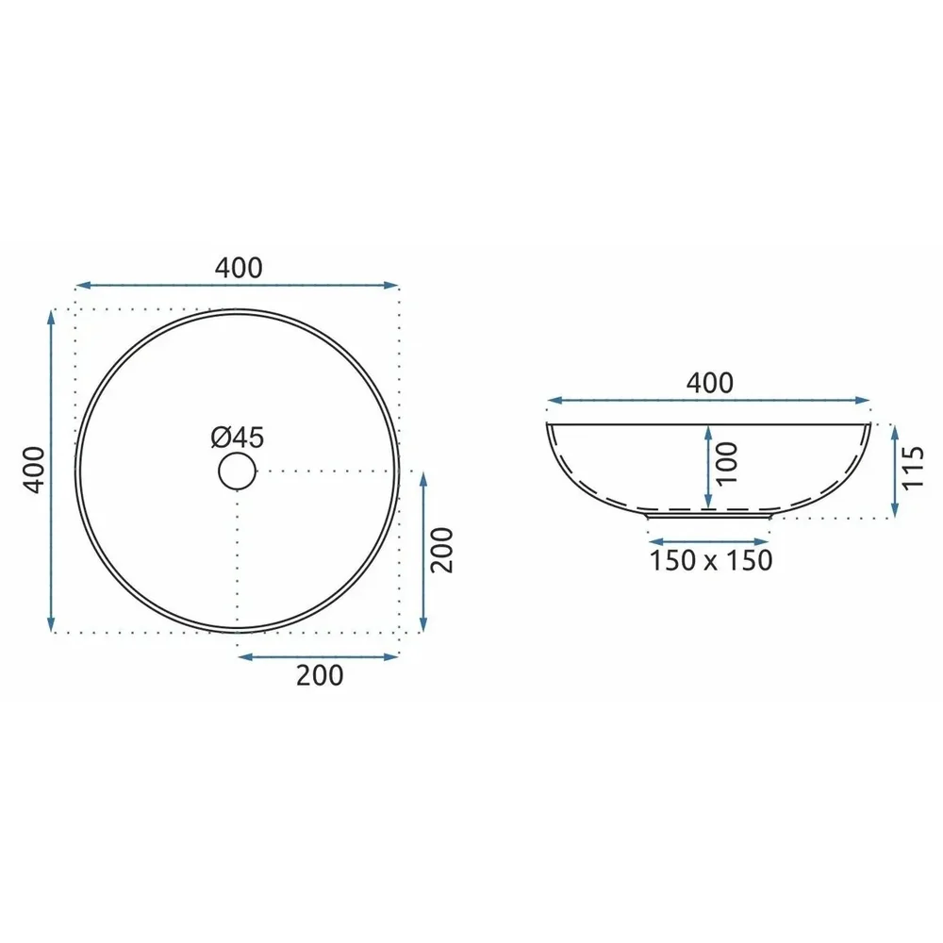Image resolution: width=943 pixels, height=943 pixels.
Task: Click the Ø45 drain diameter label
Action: pyautogui.click(x=237, y=438)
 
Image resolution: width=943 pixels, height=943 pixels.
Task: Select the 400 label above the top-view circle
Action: pyautogui.click(x=239, y=268)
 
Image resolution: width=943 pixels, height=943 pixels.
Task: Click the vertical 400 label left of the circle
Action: pyautogui.click(x=34, y=470)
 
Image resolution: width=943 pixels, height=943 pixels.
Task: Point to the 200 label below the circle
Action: pyautogui.click(x=320, y=675)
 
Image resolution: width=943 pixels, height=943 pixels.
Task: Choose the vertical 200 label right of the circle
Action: pyautogui.click(x=442, y=550)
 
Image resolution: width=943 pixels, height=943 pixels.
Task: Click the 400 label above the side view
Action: pyautogui.click(x=710, y=383)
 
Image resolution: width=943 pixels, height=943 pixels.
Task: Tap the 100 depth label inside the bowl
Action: pyautogui.click(x=726, y=463)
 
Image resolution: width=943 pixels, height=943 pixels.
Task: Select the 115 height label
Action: pyautogui.click(x=912, y=468)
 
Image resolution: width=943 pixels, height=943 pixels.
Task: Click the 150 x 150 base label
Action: pyautogui.click(x=710, y=560)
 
